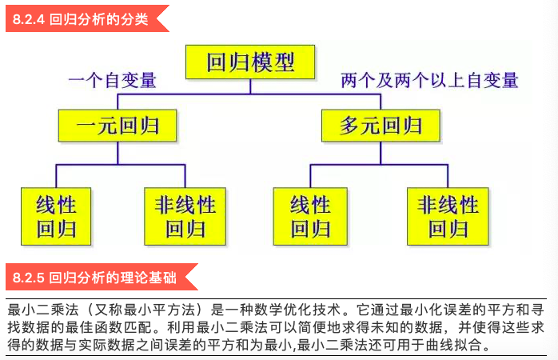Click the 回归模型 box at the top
(x=249, y=62)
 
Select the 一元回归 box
(x=118, y=126)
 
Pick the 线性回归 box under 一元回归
(x=56, y=216)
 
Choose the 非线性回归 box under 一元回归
(x=185, y=216)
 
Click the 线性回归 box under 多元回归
(x=310, y=216)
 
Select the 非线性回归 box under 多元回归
(x=448, y=216)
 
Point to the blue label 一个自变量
(x=112, y=81)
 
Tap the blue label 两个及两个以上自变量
(x=429, y=81)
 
